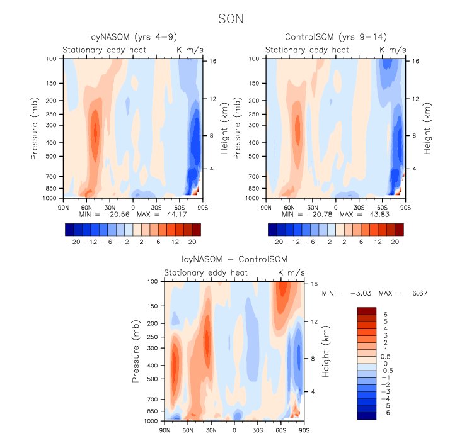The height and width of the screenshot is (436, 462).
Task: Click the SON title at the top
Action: click(231, 19)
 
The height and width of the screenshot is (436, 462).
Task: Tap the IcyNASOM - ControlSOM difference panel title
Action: click(233, 260)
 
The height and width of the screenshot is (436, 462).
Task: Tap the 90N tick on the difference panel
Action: click(165, 430)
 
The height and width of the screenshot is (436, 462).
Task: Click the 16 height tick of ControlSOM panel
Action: click(416, 61)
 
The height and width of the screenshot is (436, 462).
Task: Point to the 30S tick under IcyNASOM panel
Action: click(156, 206)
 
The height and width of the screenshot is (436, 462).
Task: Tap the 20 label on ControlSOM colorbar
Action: click(396, 242)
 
